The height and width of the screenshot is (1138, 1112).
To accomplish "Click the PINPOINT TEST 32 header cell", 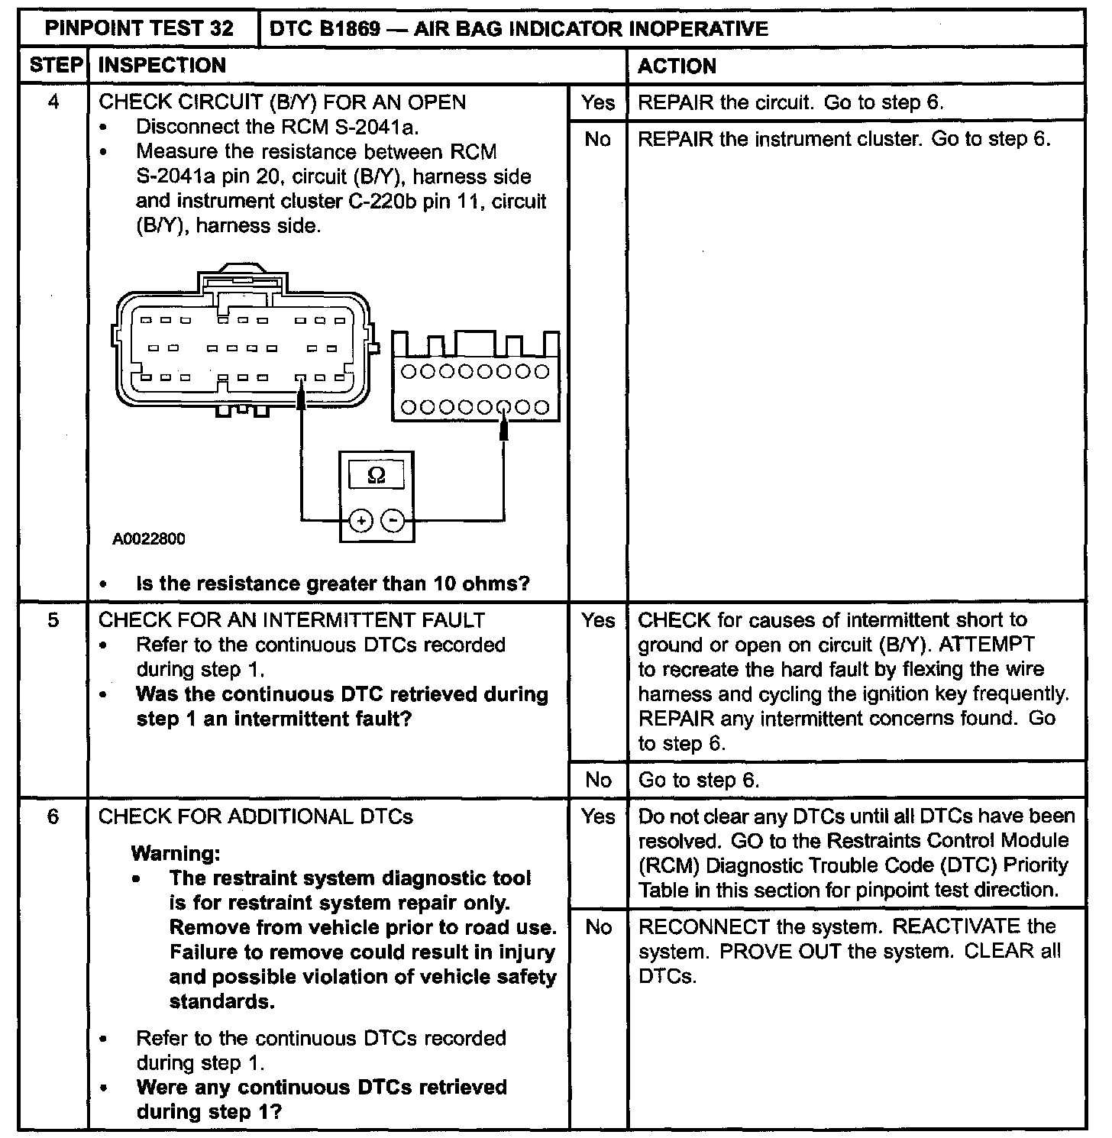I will [139, 29].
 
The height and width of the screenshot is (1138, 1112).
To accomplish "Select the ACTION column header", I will [677, 66].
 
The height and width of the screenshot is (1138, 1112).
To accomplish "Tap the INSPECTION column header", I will [162, 66].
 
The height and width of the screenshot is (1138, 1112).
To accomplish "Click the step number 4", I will [53, 102].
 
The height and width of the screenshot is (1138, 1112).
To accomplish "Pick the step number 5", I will [53, 619].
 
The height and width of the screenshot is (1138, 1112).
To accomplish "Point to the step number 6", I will [53, 816].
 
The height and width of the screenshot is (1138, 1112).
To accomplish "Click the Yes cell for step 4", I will [597, 102].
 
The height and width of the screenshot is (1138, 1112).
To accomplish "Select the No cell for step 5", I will [597, 780].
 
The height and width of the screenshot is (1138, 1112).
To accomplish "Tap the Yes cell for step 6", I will [597, 816].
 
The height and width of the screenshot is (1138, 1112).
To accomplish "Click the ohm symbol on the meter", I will [377, 475].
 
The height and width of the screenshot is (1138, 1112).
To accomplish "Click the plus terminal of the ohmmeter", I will [360, 521].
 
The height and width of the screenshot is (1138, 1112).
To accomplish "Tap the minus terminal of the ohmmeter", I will [393, 521].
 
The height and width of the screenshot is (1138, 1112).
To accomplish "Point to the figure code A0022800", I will [149, 539].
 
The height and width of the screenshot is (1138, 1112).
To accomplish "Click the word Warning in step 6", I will [176, 853].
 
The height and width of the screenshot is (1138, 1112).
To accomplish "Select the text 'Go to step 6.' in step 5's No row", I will [699, 780].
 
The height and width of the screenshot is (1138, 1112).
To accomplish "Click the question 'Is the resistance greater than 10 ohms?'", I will [332, 584].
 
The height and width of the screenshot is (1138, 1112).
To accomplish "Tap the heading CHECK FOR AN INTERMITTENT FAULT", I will [292, 619].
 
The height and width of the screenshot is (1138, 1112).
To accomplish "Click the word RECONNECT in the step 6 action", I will [703, 926].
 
